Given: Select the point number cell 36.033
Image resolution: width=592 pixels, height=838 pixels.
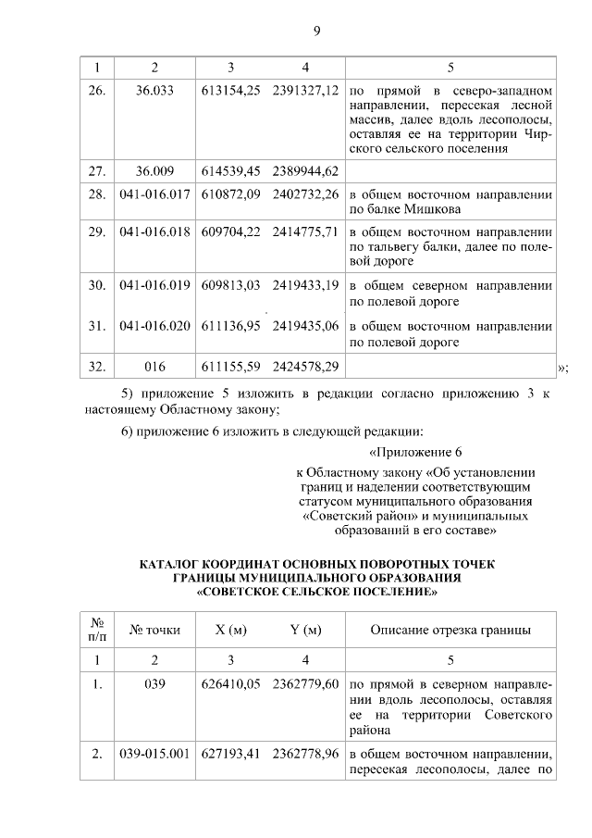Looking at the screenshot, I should (x=154, y=93).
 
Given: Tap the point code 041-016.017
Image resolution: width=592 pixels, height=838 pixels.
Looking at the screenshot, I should (x=154, y=194).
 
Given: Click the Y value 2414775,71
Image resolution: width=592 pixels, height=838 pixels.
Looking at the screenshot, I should (x=305, y=231).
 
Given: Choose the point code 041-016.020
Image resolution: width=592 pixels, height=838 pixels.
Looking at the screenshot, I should (x=154, y=326).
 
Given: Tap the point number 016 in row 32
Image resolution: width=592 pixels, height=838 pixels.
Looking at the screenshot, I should (x=154, y=367).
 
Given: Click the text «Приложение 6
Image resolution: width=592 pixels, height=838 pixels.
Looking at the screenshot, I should (x=414, y=453).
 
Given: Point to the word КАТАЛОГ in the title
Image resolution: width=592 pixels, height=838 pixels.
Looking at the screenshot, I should (x=174, y=564).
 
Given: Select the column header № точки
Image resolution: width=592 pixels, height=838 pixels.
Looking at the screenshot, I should (x=154, y=631).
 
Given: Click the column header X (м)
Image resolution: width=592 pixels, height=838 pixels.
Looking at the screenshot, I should (x=230, y=631).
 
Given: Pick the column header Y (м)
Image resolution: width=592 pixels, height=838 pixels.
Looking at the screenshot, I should (x=305, y=631).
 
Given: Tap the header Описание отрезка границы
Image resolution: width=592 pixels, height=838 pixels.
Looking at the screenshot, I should (x=450, y=631).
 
